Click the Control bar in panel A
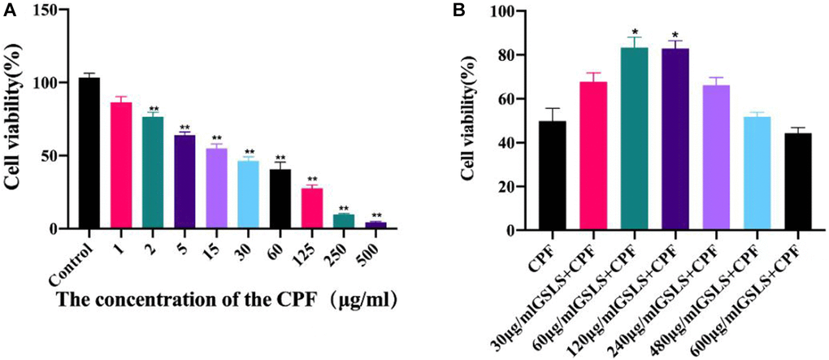[x=89, y=154]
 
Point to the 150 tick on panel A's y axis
[x=50, y=11]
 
